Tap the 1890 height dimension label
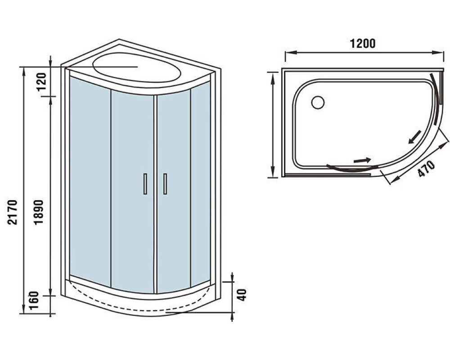38,212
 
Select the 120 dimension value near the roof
41,81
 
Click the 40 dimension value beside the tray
243,295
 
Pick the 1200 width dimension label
362,43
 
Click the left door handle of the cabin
145,184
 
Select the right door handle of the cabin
165,184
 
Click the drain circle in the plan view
318,103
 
